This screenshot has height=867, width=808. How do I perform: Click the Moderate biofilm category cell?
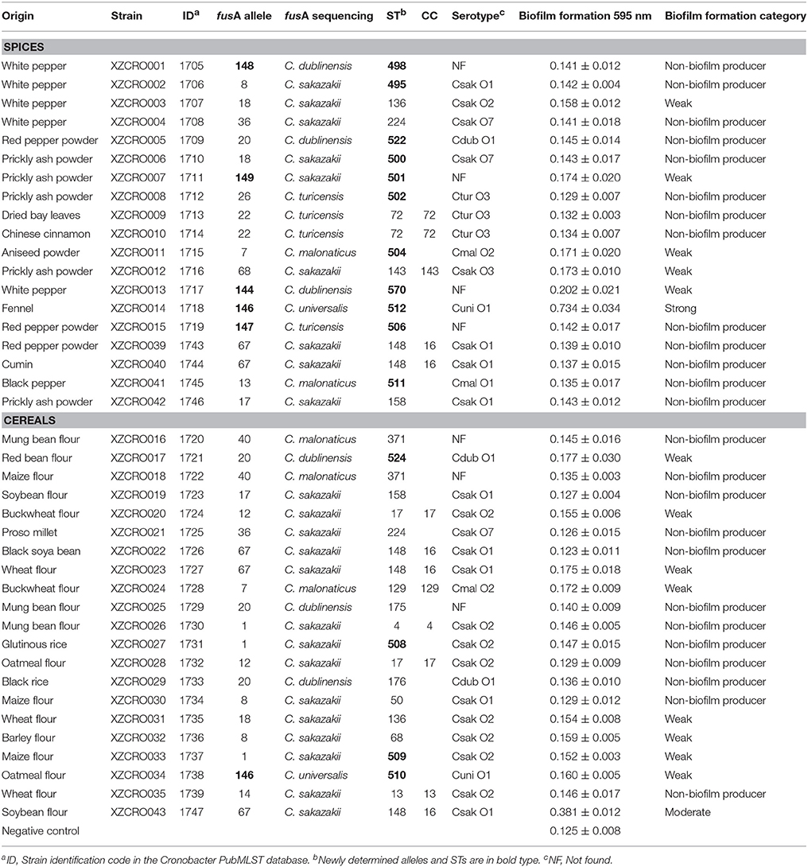point(686,812)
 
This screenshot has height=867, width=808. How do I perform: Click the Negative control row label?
point(40,831)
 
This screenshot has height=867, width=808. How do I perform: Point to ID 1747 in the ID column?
point(192,812)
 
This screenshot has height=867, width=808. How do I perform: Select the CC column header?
point(429,16)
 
